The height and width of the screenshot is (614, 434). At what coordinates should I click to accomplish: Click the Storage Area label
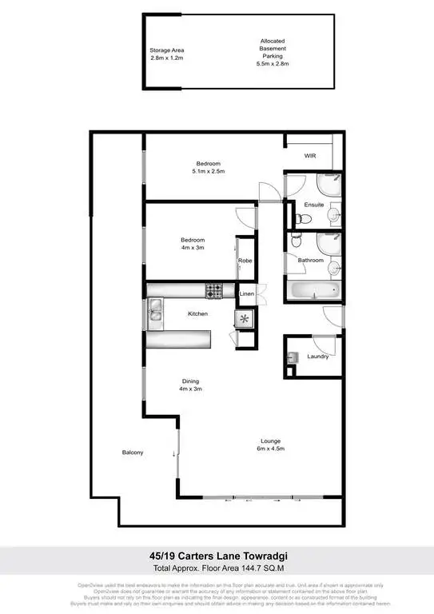167,50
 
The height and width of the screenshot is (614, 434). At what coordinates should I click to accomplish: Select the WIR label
312,157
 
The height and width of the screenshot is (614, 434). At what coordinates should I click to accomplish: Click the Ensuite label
315,205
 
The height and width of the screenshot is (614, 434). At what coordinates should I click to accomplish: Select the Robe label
245,261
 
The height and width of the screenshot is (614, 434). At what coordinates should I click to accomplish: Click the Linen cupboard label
248,295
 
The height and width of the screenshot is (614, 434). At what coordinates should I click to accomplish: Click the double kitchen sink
154,313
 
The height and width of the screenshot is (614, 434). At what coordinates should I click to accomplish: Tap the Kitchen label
197,313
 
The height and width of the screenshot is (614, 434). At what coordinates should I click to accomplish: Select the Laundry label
317,357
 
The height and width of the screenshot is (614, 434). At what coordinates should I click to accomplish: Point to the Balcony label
133,453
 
